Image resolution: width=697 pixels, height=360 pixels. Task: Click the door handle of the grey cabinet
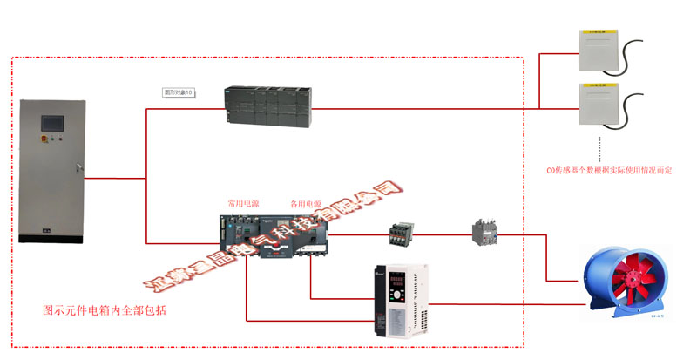[x=78, y=166]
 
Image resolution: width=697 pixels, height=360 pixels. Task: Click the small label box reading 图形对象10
[x=180, y=92]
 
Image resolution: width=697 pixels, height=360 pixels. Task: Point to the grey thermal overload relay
[x=484, y=231]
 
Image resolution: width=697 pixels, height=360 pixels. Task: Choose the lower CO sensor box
[x=597, y=105]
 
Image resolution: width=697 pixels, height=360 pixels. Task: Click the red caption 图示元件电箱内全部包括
[x=105, y=310]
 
